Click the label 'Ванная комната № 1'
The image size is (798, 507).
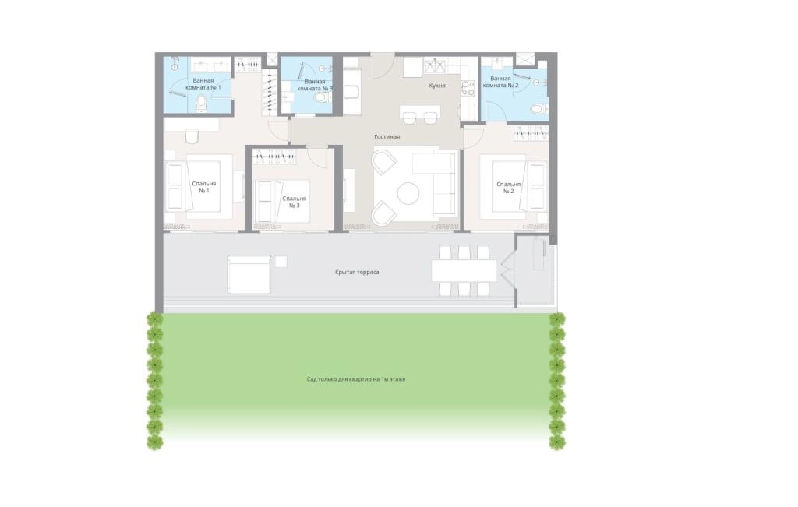203,84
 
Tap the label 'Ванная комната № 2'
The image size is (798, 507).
501,82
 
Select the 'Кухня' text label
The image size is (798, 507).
437,86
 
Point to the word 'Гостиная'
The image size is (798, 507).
387,137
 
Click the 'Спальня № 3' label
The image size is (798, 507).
294,202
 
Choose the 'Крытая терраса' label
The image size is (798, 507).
357,272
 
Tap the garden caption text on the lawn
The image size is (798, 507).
355,379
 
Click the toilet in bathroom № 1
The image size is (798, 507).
201,104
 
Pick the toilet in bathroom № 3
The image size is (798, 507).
322,97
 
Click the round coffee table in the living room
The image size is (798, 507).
408,193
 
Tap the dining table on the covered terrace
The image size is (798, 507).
464,270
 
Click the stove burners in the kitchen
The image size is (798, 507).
468,88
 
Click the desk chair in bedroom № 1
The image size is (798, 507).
192,136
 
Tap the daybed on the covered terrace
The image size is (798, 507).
249,275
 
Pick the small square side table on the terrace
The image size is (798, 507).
281,262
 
